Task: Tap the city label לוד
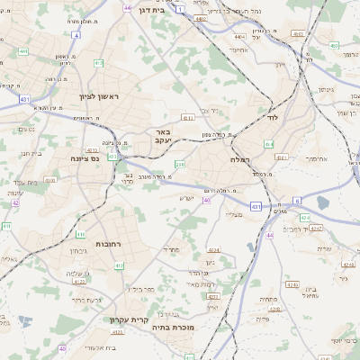point(273,117)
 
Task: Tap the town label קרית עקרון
point(129,319)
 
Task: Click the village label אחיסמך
point(315,157)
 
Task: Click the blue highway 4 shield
point(76,36)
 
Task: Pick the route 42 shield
point(15,202)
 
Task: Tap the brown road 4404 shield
point(238,37)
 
